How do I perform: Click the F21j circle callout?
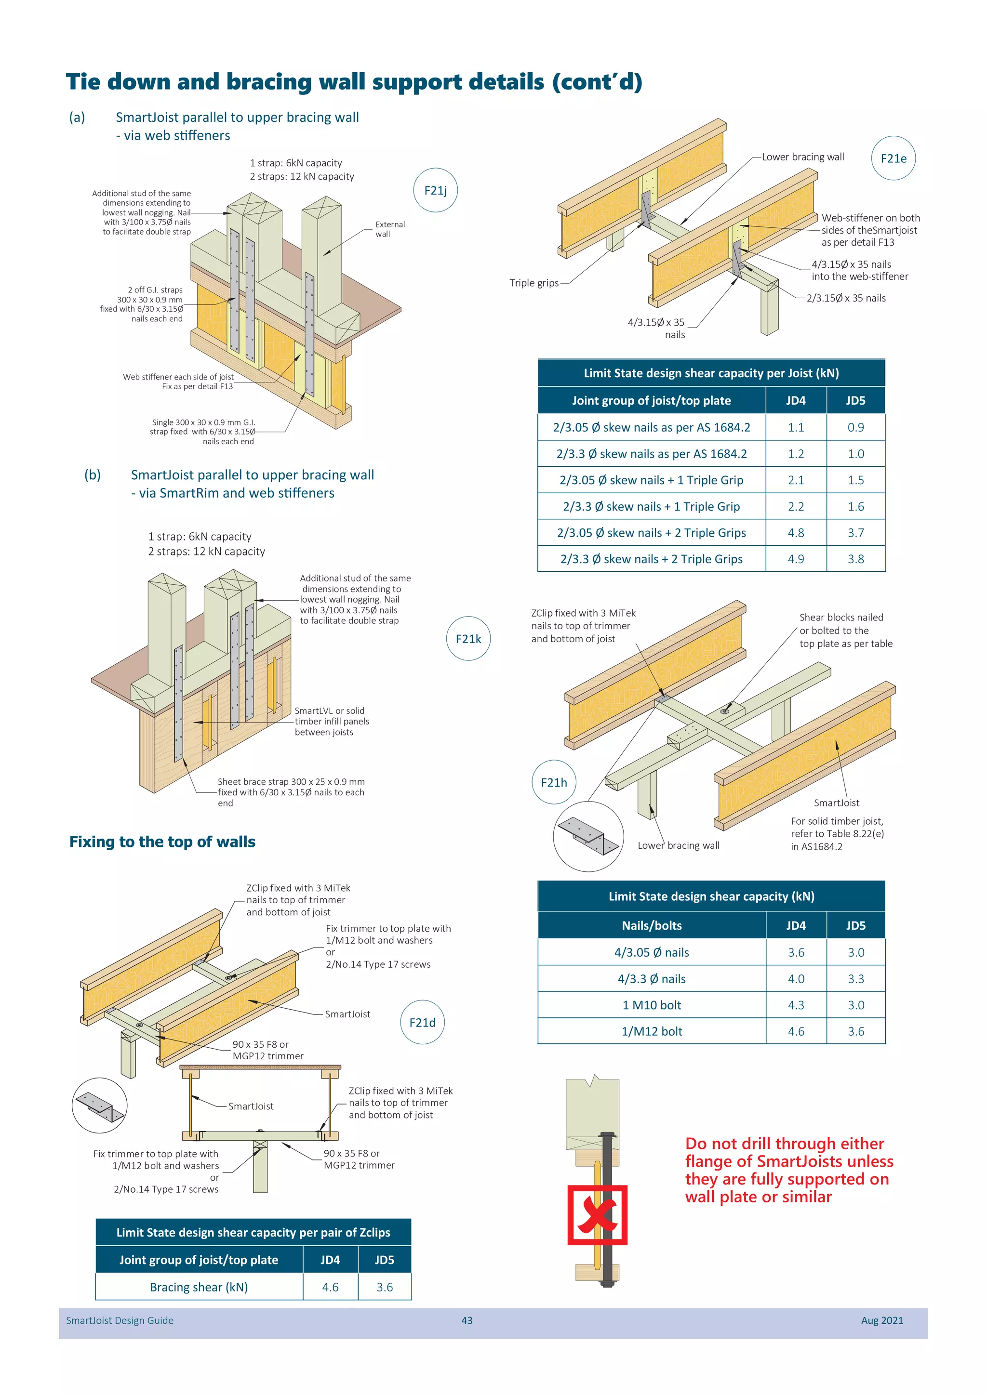click(x=435, y=190)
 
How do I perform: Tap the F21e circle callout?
click(x=893, y=158)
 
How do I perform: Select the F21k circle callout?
click(x=468, y=639)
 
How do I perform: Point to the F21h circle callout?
click(x=554, y=782)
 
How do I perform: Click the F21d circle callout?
click(x=422, y=1022)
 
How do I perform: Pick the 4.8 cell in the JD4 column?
click(x=796, y=533)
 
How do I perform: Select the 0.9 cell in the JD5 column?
click(x=855, y=427)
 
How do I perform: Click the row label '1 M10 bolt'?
click(x=652, y=1005)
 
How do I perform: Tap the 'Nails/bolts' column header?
click(x=652, y=925)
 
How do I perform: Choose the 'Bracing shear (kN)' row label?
click(x=199, y=1287)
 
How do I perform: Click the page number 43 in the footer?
click(x=467, y=1320)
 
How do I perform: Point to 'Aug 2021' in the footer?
click(x=881, y=1320)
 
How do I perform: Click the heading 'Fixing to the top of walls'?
click(x=162, y=842)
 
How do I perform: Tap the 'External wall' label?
click(x=389, y=229)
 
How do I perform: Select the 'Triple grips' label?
click(x=534, y=283)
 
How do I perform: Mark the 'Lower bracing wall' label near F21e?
click(x=802, y=157)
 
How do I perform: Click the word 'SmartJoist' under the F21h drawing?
click(x=836, y=803)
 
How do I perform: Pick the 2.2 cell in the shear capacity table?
click(x=796, y=506)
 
